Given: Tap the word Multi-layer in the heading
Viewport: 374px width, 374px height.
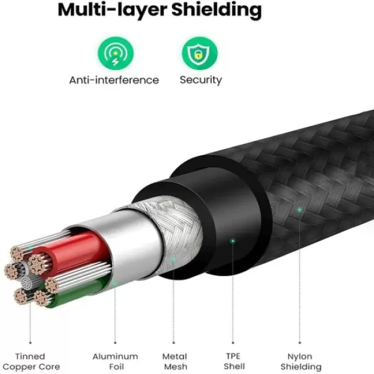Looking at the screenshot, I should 97,11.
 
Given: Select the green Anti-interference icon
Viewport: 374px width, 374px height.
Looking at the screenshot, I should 115,54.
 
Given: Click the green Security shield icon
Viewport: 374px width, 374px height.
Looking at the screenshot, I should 200,54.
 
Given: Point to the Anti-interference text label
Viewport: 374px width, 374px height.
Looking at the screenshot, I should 114,80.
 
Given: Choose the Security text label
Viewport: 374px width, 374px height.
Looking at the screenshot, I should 201,80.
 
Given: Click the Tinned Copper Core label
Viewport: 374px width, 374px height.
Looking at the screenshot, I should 30,362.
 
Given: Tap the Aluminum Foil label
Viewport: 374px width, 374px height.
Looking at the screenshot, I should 115,362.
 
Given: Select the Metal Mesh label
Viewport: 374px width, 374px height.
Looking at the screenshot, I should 175,362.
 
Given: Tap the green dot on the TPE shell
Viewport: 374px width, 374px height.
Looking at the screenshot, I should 233,240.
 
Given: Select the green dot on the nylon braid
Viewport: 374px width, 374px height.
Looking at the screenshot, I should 300,210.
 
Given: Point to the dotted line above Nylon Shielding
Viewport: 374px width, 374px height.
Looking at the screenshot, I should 300,280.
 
